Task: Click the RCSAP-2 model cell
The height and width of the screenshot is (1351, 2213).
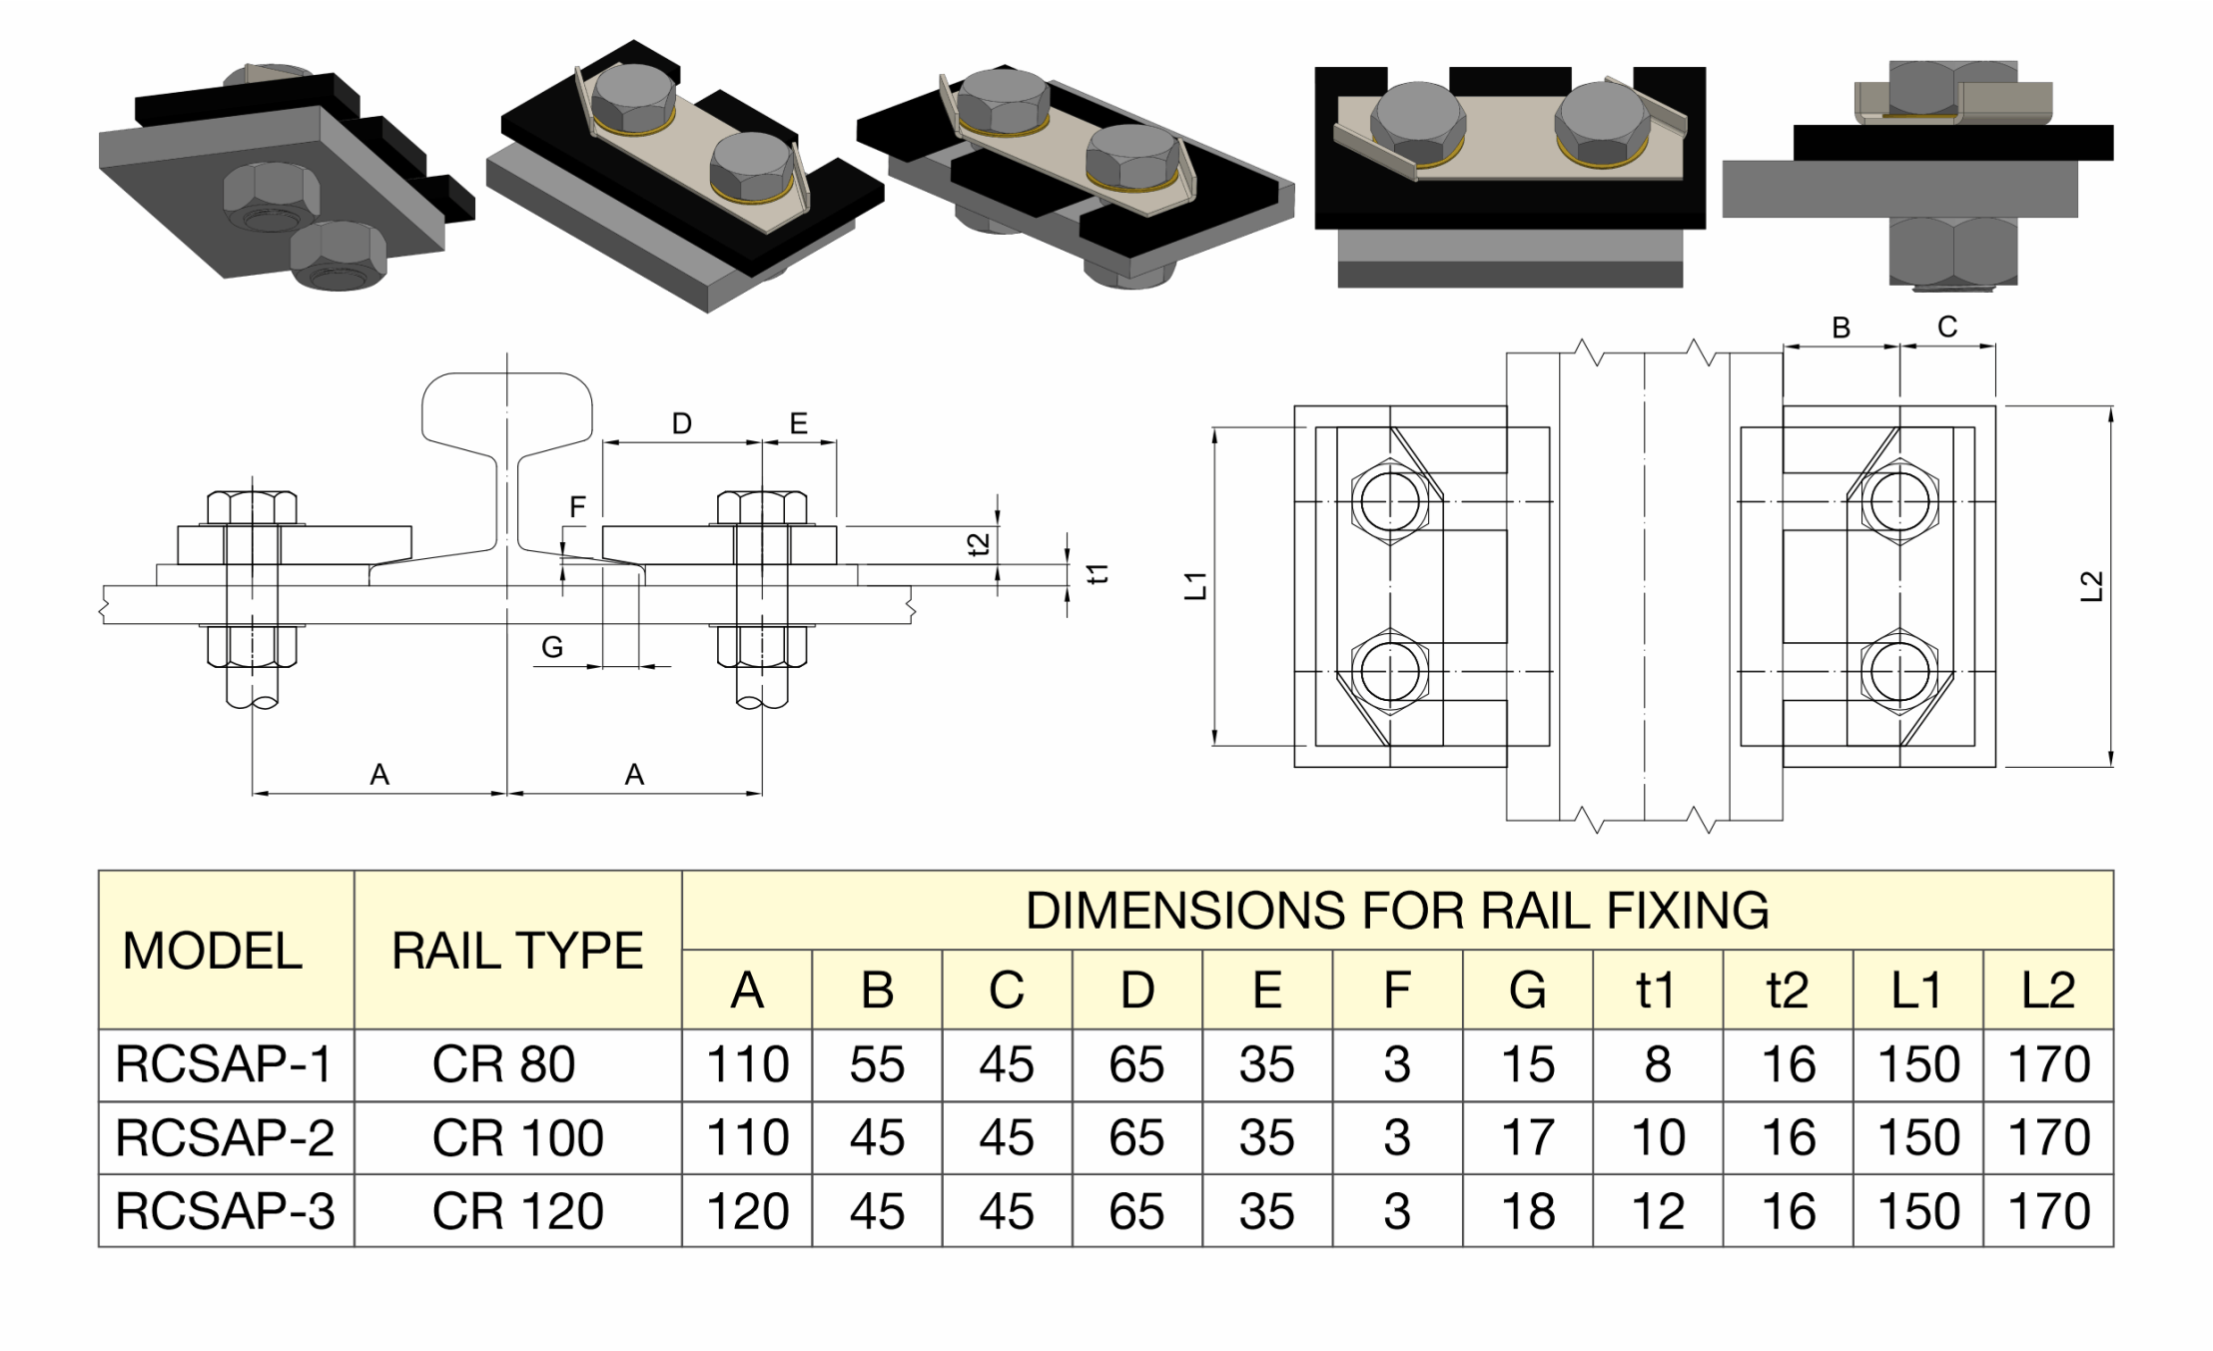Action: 225,1137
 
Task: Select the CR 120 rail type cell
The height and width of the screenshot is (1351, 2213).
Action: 517,1211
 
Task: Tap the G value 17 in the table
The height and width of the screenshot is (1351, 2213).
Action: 1527,1137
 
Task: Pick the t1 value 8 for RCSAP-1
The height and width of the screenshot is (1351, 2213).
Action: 1657,1064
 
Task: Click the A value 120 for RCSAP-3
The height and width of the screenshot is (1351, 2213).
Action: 747,1211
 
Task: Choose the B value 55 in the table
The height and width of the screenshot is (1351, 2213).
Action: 877,1064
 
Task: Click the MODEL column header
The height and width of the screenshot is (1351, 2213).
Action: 212,951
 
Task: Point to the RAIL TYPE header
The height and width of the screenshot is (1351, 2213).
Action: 517,951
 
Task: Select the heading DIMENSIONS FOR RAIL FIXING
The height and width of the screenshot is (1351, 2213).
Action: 1397,911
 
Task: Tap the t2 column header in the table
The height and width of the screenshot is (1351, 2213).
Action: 1787,991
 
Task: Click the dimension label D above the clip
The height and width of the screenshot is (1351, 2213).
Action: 681,424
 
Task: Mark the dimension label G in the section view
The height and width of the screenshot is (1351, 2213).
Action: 552,648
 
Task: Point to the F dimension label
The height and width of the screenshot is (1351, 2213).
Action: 577,507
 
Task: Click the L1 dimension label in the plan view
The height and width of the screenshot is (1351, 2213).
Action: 1196,586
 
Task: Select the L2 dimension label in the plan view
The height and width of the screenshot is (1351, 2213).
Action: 2091,586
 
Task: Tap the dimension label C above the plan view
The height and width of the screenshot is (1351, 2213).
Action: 1947,328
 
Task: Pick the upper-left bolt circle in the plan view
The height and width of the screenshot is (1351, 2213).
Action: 1390,501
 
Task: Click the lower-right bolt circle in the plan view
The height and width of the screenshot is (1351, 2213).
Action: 1899,671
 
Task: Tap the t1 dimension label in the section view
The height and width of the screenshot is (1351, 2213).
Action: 1099,574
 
